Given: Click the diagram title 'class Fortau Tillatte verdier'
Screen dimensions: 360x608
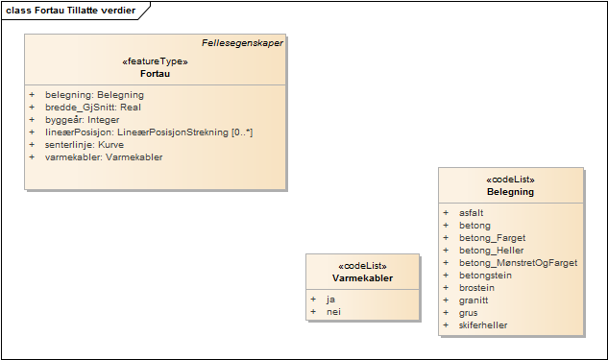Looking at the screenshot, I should coord(72,11).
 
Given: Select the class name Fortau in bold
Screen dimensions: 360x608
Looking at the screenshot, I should coord(155,74).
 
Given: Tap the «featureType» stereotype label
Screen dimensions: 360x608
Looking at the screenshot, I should coord(155,61).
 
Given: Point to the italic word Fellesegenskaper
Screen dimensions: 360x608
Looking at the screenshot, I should coord(242,43).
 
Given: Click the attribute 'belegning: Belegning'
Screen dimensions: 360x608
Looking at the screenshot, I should coord(94,95).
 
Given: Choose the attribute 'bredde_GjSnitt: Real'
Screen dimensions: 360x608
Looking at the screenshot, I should coord(93,108).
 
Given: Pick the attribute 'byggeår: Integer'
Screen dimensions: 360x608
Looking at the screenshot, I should coord(83,120).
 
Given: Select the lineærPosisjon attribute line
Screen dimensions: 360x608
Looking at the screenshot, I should coord(149,132).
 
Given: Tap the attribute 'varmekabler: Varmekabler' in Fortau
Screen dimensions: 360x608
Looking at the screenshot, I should coord(104,157).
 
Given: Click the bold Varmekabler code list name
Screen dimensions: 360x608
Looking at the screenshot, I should coord(362,279).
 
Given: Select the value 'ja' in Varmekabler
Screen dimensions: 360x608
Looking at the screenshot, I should coord(330,300).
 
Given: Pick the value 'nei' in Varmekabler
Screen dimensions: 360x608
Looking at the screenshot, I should coord(333,312).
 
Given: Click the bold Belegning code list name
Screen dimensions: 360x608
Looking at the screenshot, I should coord(510,192).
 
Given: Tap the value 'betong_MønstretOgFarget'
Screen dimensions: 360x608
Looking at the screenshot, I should coord(518,262).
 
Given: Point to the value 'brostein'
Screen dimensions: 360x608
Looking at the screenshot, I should coord(477,287).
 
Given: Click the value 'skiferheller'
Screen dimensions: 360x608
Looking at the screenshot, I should coord(483,324).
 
